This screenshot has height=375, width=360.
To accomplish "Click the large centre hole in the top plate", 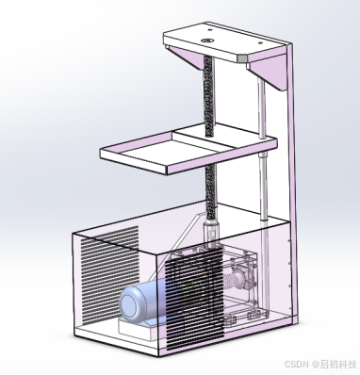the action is (x=207, y=41).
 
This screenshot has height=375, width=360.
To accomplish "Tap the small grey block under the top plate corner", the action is (x=242, y=58).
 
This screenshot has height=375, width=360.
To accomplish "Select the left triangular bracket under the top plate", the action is (x=186, y=57).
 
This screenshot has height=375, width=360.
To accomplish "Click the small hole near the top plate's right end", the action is (x=260, y=43).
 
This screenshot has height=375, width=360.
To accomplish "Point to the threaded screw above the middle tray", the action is (x=209, y=95).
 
